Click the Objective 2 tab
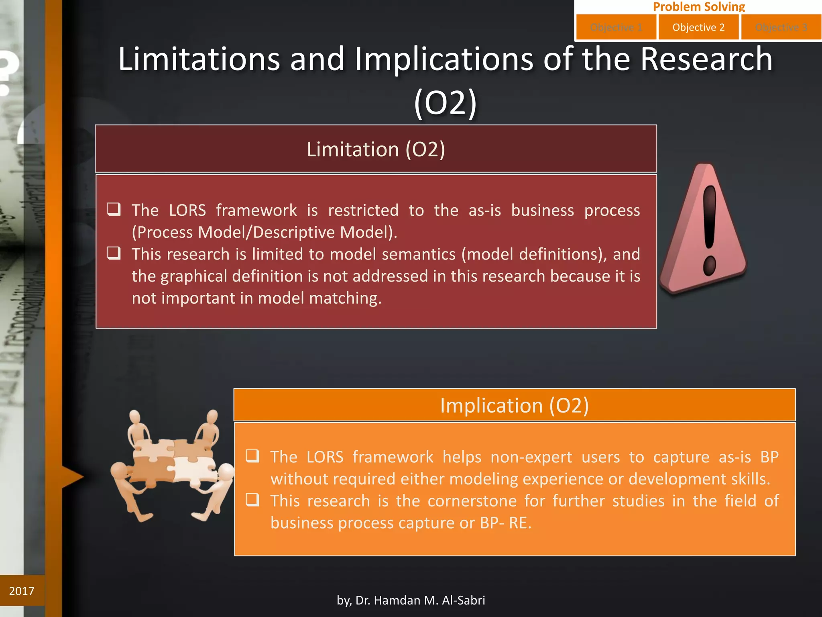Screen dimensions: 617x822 698,27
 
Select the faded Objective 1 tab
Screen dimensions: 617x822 616,27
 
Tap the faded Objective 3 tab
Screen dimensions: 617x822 781,27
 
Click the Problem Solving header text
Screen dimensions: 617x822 699,6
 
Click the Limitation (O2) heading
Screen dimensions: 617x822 376,149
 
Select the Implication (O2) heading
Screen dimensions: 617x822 514,405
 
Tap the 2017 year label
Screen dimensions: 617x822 22,591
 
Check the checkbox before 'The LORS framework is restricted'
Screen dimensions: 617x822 114,209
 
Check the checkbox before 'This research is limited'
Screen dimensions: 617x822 114,253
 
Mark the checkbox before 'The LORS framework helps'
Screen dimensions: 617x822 252,456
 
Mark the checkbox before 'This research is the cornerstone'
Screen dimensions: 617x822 252,500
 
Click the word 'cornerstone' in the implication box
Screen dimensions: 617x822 472,501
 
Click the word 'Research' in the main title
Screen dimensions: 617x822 706,59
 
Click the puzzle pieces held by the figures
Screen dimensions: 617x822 173,462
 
